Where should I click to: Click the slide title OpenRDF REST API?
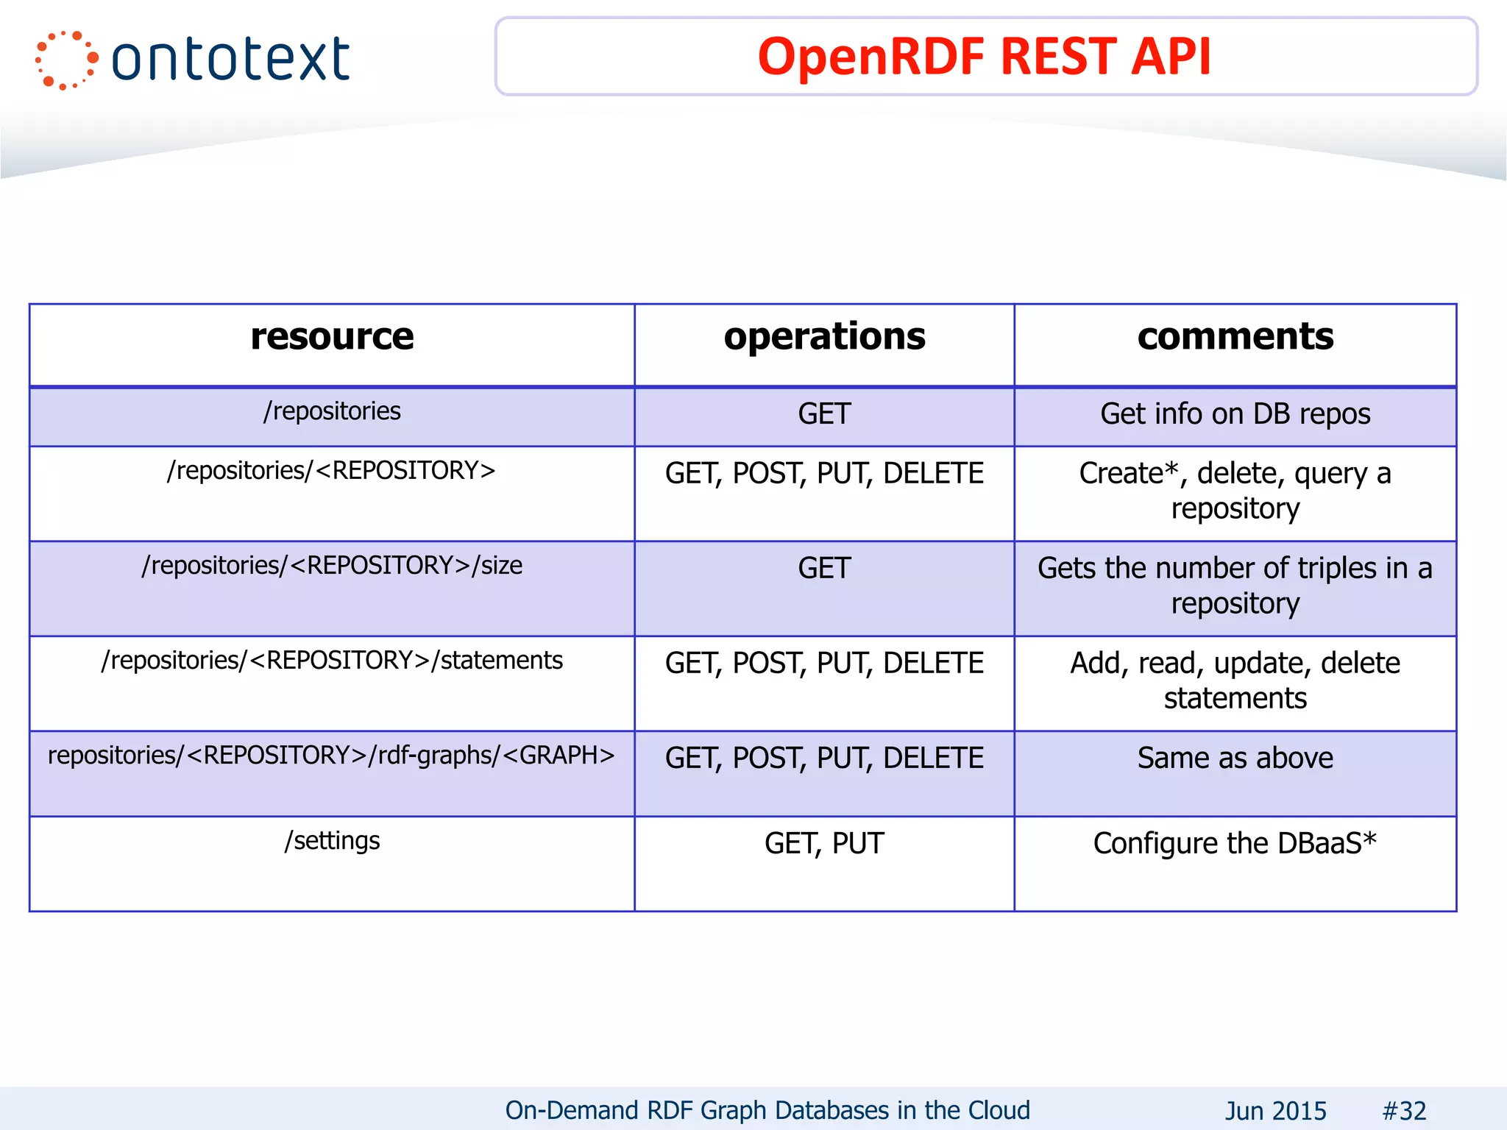(984, 57)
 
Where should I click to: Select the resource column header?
(332, 337)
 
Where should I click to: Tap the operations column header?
(824, 337)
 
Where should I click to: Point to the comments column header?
(1235, 337)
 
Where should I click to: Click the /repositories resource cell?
(332, 411)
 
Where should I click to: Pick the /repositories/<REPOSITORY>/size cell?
(332, 566)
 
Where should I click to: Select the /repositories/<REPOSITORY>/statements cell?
(332, 661)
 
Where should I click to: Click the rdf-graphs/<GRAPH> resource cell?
(332, 756)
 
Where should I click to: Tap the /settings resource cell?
(332, 841)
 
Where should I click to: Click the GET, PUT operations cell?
(824, 844)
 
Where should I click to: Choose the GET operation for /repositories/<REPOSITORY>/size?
(824, 569)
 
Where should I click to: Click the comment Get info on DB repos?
(1235, 414)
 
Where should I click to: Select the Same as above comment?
(1235, 758)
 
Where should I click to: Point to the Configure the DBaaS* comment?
(1235, 844)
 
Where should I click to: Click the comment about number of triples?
(1235, 586)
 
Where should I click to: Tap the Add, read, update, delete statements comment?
(1235, 681)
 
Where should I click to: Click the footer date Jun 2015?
(1275, 1111)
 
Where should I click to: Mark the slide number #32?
(1404, 1111)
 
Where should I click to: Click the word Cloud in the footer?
(999, 1110)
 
